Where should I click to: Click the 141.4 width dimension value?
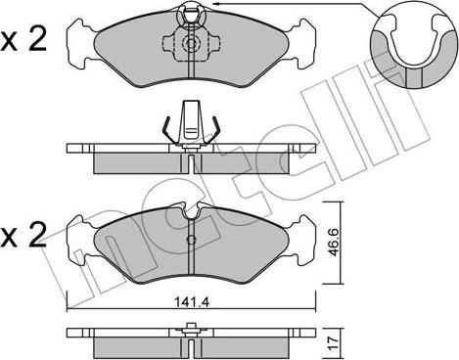coord(191,302)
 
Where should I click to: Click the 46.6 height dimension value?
coord(334,241)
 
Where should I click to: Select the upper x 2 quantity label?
coord(23,40)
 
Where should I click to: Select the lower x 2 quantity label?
coord(23,233)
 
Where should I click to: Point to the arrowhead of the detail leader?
coord(215,4)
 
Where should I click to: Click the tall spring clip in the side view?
coord(191,123)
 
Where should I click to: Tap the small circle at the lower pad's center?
coord(191,240)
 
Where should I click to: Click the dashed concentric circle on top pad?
coord(191,42)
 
